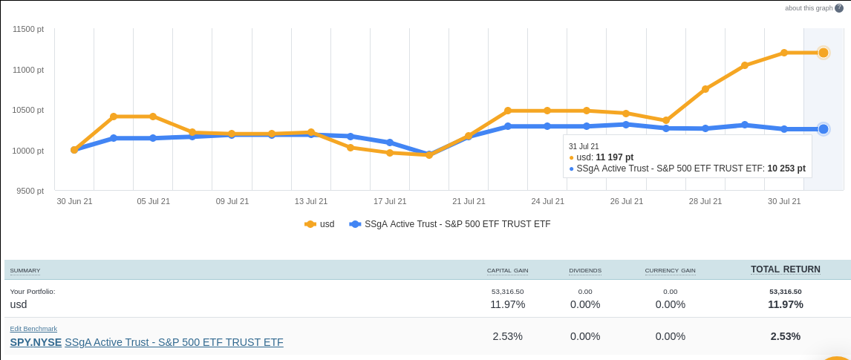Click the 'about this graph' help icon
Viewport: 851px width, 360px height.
coord(839,8)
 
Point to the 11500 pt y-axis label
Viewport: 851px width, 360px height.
coord(29,29)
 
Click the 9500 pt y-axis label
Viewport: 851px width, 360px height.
coord(30,191)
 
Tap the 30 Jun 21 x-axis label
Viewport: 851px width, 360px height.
coord(74,201)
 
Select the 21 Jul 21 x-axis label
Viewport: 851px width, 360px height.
coord(469,201)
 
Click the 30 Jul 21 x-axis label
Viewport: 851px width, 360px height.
coord(784,201)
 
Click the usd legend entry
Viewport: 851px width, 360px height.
coord(320,224)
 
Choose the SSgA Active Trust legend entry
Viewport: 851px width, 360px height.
coord(449,224)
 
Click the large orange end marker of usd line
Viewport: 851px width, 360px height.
coord(824,53)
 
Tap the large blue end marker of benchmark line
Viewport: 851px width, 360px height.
coord(824,129)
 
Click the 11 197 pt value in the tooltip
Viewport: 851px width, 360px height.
coord(614,157)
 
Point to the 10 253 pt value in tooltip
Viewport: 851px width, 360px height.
coord(786,168)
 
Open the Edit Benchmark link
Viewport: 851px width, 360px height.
coord(33,329)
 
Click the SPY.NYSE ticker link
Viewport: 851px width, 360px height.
coord(36,342)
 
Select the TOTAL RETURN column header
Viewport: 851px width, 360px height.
coord(786,269)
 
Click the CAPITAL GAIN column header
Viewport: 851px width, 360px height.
coord(507,271)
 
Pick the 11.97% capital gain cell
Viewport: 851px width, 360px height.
coord(507,304)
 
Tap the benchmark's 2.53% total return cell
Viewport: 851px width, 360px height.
coord(786,336)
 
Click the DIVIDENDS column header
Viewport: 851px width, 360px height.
coord(585,271)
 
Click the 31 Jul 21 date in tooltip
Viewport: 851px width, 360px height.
coord(584,146)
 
